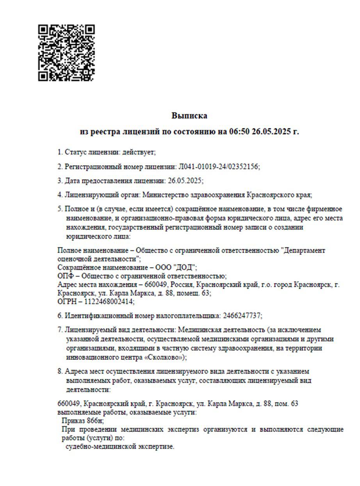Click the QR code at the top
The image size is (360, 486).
[x=66, y=53]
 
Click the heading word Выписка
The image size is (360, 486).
[x=189, y=116]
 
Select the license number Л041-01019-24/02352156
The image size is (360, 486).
[x=218, y=166]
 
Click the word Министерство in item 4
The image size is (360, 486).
[x=165, y=195]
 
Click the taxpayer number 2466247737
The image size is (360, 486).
[x=242, y=316]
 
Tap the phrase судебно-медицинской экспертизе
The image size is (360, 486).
[x=120, y=447]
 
